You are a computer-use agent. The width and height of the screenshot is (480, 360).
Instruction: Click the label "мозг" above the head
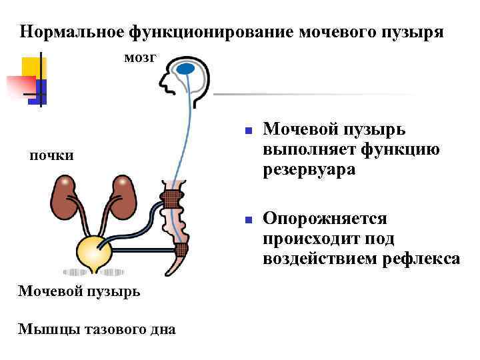(x=140, y=58)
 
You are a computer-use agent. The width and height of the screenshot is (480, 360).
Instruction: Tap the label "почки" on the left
(x=51, y=156)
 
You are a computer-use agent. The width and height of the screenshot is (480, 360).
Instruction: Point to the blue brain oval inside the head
(x=186, y=68)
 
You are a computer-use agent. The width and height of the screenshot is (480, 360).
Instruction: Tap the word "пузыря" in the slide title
(x=413, y=31)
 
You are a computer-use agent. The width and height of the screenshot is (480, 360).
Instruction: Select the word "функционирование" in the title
(x=212, y=31)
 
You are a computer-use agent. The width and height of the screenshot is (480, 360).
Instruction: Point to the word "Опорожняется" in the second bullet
(x=325, y=219)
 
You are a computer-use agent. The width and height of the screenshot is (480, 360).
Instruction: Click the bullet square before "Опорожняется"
(x=247, y=219)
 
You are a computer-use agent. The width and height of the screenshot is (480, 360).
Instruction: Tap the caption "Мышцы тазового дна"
(x=97, y=328)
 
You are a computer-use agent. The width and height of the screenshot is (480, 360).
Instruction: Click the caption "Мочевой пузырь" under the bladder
(x=79, y=291)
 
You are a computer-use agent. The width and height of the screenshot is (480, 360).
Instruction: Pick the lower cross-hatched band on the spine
(x=181, y=251)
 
